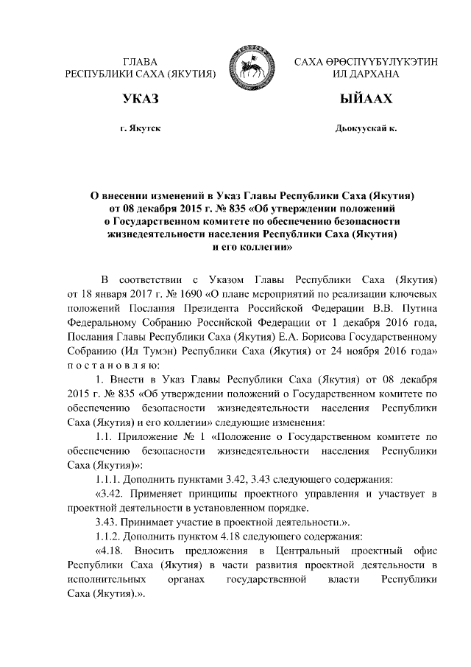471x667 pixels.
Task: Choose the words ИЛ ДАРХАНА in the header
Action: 366,74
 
